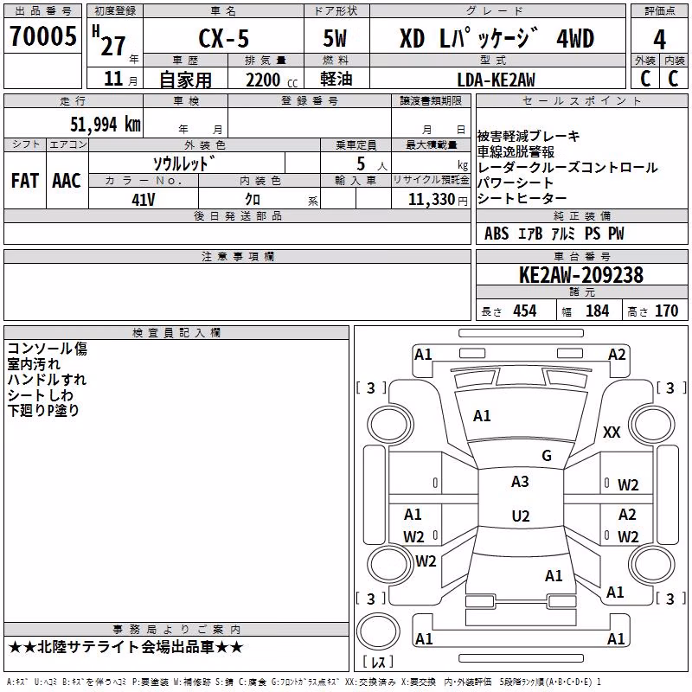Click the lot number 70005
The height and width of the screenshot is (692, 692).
[x=42, y=35]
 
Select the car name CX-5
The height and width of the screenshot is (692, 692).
[x=224, y=38]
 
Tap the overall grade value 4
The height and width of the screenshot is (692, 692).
[x=659, y=40]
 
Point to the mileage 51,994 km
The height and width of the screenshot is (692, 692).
[x=106, y=124]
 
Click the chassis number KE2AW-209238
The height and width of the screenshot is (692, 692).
[x=581, y=275]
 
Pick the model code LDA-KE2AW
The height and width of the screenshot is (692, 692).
[x=496, y=80]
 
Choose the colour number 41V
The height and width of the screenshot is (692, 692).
[x=144, y=200]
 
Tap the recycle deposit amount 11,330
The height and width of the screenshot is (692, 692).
[x=432, y=200]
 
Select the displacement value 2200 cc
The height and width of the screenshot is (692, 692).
[x=272, y=80]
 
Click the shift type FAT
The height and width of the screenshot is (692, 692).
[x=25, y=181]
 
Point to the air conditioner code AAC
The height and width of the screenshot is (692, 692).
[x=67, y=181]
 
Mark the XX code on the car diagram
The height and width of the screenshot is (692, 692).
[x=612, y=432]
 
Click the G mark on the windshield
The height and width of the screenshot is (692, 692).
[x=547, y=456]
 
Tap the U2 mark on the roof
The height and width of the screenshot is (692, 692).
[x=521, y=516]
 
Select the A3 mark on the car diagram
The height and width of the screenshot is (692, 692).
[x=521, y=482]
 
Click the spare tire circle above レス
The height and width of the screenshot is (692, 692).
[x=378, y=631]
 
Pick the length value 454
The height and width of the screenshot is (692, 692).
[x=525, y=311]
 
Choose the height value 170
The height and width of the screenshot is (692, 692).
[x=666, y=311]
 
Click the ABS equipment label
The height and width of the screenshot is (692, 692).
[x=497, y=234]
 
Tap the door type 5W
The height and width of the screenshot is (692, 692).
[x=335, y=38]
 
